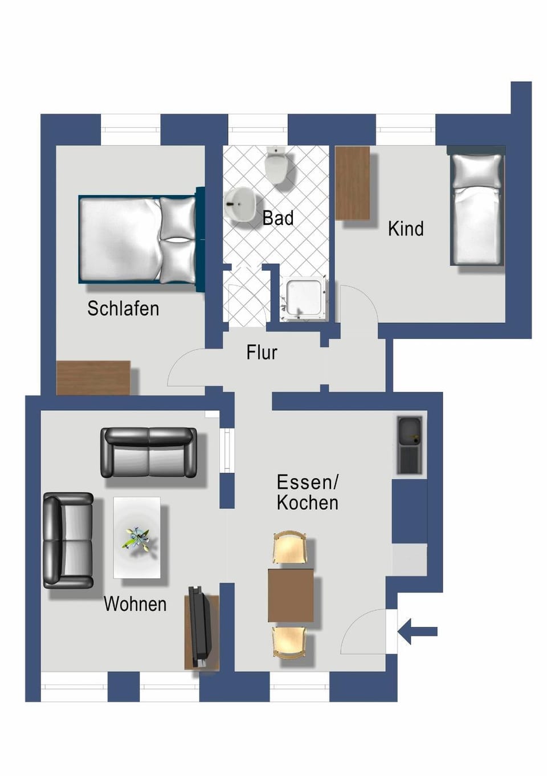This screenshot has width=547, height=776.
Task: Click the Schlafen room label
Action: point(123,308)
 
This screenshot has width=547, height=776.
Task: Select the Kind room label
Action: point(406,228)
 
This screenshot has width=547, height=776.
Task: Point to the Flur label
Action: point(262,352)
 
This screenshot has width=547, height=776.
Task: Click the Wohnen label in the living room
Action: point(135,604)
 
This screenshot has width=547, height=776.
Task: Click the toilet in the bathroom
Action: point(276,165)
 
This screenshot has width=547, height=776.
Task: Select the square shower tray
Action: point(304,298)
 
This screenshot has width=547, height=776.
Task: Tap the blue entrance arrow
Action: point(417,631)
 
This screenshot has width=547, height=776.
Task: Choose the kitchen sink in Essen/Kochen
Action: point(410,445)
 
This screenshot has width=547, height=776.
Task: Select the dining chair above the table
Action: point(290,548)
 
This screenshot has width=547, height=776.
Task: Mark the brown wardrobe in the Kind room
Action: point(353,183)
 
